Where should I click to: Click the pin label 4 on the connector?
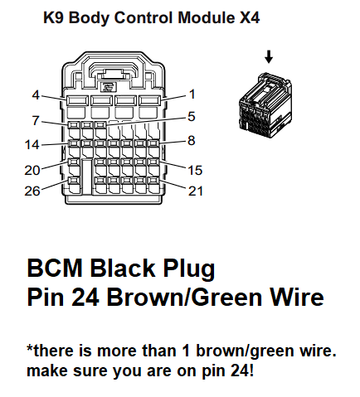[x=36, y=95]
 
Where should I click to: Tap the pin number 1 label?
[x=192, y=94]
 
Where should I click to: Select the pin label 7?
[x=36, y=120]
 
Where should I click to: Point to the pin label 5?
[x=192, y=117]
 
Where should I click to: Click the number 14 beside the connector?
[x=32, y=145]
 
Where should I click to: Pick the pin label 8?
[x=192, y=141]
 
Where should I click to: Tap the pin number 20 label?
[x=32, y=171]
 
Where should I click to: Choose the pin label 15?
[x=195, y=171]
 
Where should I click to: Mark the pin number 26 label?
[x=32, y=191]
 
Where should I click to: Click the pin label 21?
[x=196, y=191]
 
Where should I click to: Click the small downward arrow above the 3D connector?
[x=269, y=57]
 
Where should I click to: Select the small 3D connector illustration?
[x=265, y=105]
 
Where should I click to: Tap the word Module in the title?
[x=206, y=17]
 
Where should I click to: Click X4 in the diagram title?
[x=250, y=17]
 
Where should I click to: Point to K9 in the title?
[x=54, y=17]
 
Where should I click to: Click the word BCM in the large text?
[x=55, y=268]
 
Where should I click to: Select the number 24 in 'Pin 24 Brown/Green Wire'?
[x=85, y=298]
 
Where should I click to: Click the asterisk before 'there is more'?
[x=30, y=347]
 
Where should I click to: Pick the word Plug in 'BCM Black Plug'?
[x=189, y=269]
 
